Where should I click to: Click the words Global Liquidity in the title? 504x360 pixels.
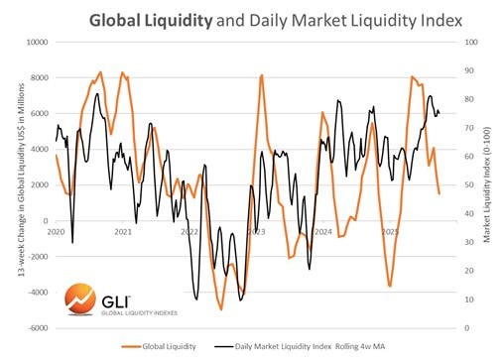149,19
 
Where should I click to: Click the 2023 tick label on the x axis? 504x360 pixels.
256,231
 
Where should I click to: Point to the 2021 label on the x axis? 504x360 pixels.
123,231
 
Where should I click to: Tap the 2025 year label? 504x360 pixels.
390,231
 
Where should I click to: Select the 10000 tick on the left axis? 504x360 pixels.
36,43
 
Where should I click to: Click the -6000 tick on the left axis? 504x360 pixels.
37,328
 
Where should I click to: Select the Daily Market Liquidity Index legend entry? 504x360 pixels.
334,346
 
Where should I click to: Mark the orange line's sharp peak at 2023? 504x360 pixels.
261,75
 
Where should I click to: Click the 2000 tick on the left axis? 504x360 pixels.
39,185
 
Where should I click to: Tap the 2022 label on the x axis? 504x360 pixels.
189,231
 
